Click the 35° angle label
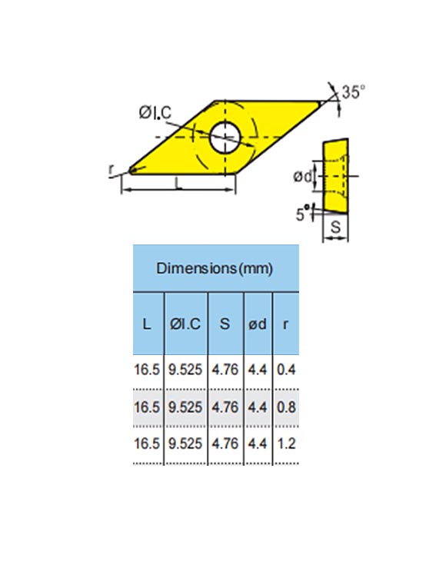(x=353, y=92)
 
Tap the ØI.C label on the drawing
(x=155, y=112)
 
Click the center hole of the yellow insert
(x=225, y=137)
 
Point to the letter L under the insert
(x=178, y=183)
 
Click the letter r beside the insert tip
(x=111, y=170)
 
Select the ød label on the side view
(x=303, y=177)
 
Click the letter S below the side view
(x=335, y=227)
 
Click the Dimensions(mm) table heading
(x=215, y=268)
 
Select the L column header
(x=147, y=324)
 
